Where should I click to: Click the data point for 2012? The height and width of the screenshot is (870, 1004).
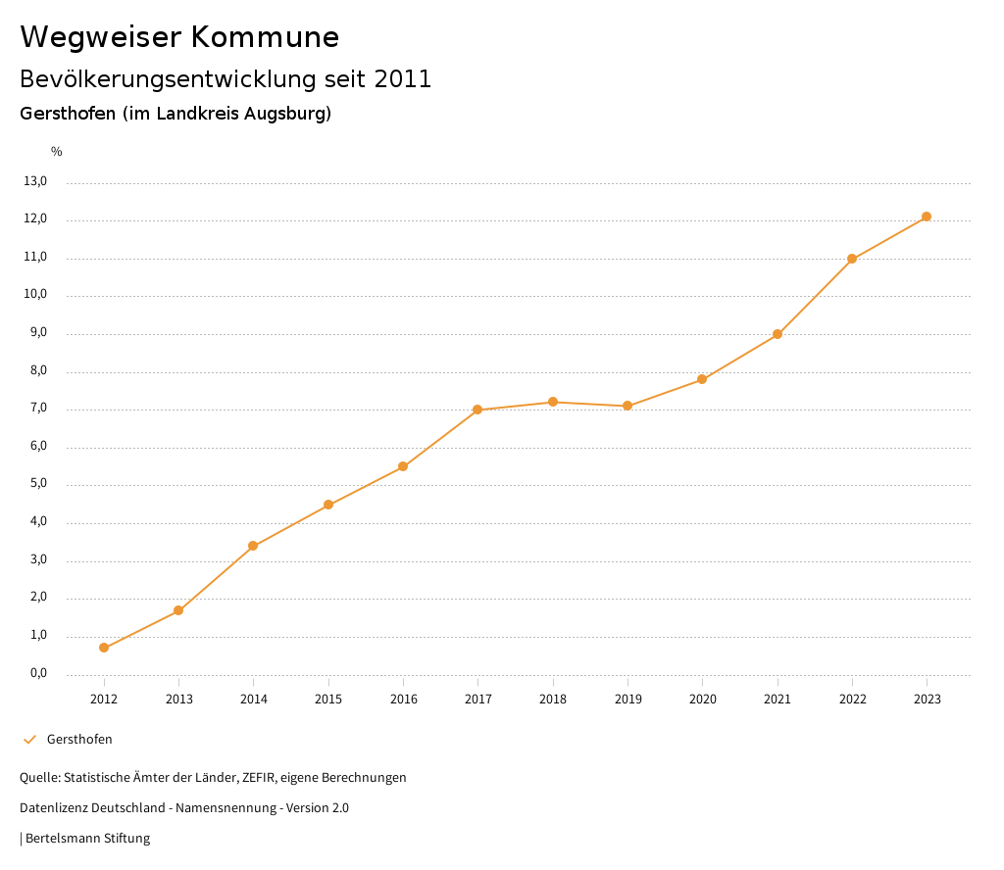pyautogui.click(x=104, y=648)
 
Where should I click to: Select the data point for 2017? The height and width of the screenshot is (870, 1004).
pyautogui.click(x=477, y=410)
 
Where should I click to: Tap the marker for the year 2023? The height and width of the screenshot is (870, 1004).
pyautogui.click(x=927, y=217)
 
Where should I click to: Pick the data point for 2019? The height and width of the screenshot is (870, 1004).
pyautogui.click(x=627, y=406)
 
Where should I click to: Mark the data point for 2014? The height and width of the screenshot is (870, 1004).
pyautogui.click(x=253, y=546)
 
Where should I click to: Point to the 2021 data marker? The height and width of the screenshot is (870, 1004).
pyautogui.click(x=778, y=334)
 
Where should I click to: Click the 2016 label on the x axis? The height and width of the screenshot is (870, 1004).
pyautogui.click(x=403, y=700)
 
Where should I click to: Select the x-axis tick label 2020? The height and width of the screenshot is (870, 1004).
pyautogui.click(x=702, y=700)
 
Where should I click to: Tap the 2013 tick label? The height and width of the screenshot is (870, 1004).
pyautogui.click(x=178, y=700)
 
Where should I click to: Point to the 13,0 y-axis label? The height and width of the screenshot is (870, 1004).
pyautogui.click(x=35, y=181)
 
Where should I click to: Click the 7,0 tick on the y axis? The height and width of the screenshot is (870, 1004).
pyautogui.click(x=37, y=409)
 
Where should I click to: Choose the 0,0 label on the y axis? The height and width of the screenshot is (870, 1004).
pyautogui.click(x=37, y=673)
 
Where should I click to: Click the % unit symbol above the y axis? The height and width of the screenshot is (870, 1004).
pyautogui.click(x=57, y=152)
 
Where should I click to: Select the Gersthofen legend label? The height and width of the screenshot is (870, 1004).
pyautogui.click(x=79, y=740)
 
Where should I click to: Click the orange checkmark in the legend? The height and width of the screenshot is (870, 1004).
pyautogui.click(x=29, y=740)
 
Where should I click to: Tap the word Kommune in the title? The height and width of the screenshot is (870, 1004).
pyautogui.click(x=265, y=37)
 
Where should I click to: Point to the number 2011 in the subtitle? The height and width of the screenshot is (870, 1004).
pyautogui.click(x=403, y=79)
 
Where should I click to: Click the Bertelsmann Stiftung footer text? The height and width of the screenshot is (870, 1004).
pyautogui.click(x=87, y=839)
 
